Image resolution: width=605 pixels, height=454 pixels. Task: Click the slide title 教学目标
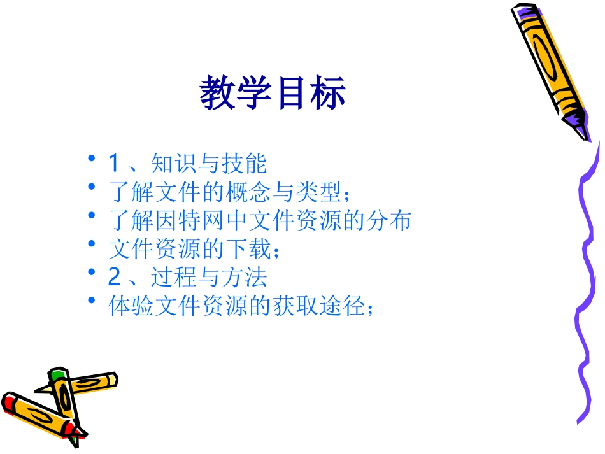(273, 93)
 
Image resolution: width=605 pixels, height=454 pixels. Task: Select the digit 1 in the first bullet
(114, 164)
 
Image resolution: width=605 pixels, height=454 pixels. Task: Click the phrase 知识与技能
(209, 164)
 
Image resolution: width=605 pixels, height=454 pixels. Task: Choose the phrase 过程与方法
(209, 277)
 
